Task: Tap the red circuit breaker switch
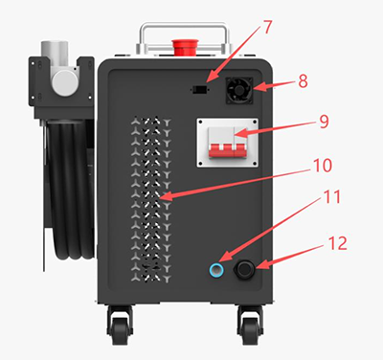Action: (x=236, y=146)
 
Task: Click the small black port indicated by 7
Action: (x=199, y=90)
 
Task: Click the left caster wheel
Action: (x=121, y=326)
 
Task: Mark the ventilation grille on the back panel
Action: (x=147, y=191)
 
